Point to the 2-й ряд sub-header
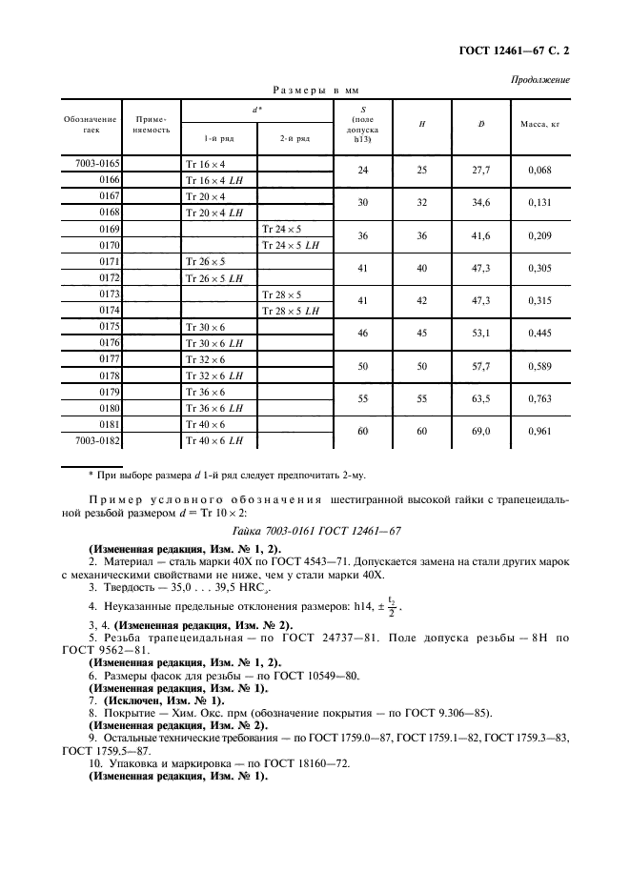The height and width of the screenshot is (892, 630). [x=295, y=138]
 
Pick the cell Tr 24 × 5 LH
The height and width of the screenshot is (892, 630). [x=292, y=245]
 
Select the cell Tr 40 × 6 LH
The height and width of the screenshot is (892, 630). [x=217, y=442]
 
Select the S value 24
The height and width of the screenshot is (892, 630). [x=362, y=172]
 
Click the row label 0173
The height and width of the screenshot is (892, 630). [x=108, y=294]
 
